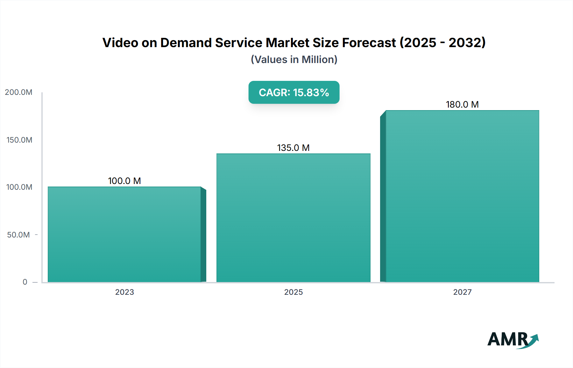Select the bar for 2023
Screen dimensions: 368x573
[x=124, y=234]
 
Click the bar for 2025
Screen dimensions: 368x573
[x=294, y=218]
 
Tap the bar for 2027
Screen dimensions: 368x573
[x=462, y=196]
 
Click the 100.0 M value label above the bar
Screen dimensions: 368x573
[x=124, y=181]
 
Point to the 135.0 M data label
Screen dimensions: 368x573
[x=294, y=148]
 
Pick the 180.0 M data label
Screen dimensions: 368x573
[x=462, y=104]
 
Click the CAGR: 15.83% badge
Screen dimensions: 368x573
[x=294, y=92]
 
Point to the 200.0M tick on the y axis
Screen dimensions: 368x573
[x=18, y=92]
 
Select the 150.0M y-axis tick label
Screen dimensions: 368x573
[x=19, y=140]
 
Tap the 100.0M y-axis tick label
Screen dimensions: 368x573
[x=19, y=187]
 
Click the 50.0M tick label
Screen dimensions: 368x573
[x=18, y=235]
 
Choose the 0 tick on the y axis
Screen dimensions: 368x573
[x=25, y=282]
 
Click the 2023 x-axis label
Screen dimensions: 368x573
[x=124, y=292]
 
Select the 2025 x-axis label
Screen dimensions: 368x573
[x=294, y=292]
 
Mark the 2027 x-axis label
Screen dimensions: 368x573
[x=462, y=292]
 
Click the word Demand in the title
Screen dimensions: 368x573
[x=186, y=43]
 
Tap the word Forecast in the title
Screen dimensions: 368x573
[x=369, y=43]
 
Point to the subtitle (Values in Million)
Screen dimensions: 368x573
[x=294, y=60]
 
